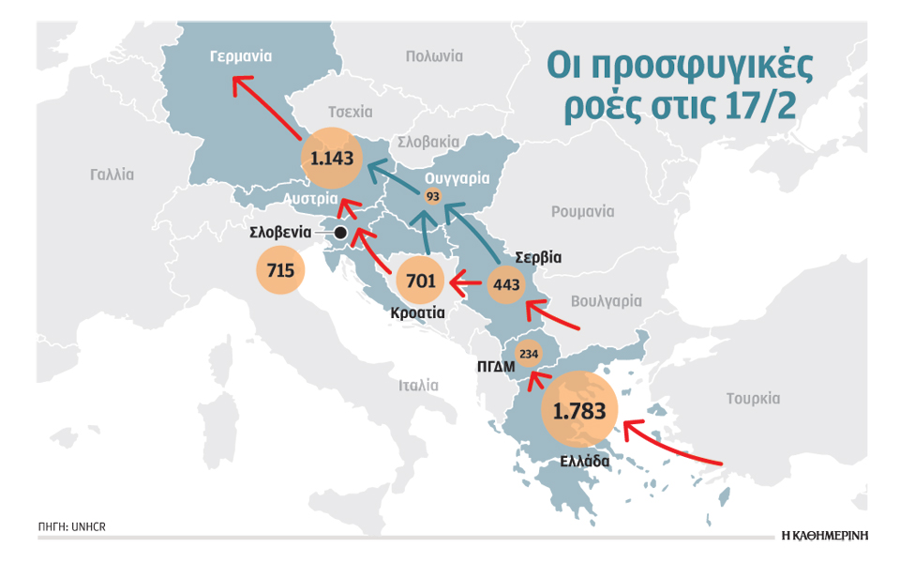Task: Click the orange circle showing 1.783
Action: click(580, 410)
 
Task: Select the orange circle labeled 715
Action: click(280, 271)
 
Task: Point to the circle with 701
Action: click(419, 280)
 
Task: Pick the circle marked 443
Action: click(505, 283)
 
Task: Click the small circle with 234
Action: click(528, 354)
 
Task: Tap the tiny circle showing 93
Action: click(432, 196)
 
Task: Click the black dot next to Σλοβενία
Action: click(340, 232)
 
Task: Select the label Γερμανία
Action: click(241, 56)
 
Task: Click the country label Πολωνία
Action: click(434, 56)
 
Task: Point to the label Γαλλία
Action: click(112, 174)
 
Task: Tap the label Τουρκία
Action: click(753, 398)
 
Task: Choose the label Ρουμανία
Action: click(582, 211)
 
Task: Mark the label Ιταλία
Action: click(418, 385)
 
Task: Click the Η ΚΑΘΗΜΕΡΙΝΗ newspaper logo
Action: click(824, 535)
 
